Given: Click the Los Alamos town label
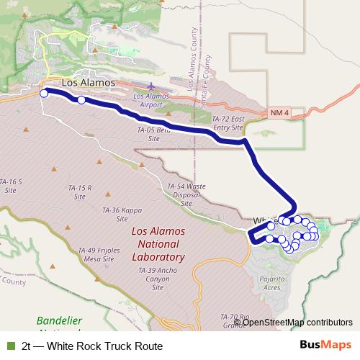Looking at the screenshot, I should click(89, 83).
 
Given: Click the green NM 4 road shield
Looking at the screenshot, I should click(279, 114).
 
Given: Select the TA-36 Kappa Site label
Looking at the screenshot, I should click(120, 214).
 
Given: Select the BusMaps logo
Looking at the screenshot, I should click(325, 346).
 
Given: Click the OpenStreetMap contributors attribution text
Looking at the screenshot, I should click(297, 322).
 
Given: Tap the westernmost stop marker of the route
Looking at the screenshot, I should click(44, 93).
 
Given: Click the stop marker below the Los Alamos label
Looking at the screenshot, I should click(81, 101).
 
